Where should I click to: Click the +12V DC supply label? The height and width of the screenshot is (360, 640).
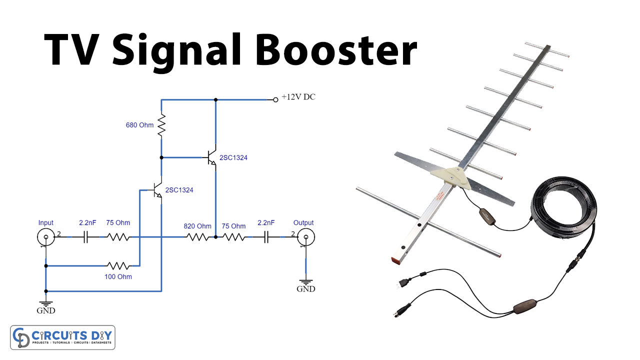click(298, 97)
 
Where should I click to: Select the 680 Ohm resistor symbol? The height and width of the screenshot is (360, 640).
click(161, 125)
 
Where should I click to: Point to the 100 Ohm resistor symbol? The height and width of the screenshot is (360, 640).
click(118, 265)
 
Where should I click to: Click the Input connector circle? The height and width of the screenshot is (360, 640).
click(45, 237)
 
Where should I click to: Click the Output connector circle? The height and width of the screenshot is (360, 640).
click(303, 237)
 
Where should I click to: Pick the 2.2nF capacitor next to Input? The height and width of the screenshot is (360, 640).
click(85, 237)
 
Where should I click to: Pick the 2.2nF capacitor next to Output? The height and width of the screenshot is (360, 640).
click(267, 237)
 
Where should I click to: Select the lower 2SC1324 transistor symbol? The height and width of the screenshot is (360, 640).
click(157, 190)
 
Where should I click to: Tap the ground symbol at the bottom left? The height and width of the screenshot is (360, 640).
click(46, 302)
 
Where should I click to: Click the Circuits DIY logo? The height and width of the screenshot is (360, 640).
click(63, 337)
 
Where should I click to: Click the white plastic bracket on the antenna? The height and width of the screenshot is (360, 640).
click(450, 177)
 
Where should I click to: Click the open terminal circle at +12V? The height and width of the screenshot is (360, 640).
click(275, 99)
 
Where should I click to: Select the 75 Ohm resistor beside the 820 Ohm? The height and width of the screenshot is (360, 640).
click(233, 237)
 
